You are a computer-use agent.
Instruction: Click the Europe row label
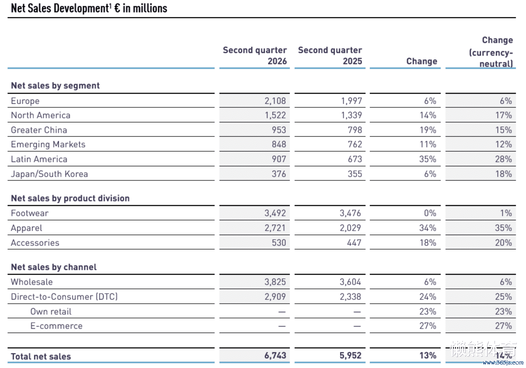[25, 101]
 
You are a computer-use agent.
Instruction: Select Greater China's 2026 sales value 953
[279, 130]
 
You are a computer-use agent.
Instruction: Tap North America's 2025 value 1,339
[351, 115]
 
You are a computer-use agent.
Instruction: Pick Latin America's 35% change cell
[428, 159]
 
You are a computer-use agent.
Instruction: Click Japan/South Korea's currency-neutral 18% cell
[503, 174]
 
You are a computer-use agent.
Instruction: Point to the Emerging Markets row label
[48, 144]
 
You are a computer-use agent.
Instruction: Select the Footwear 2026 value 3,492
[275, 213]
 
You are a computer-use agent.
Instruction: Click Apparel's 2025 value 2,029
[350, 228]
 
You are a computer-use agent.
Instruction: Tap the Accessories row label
[35, 243]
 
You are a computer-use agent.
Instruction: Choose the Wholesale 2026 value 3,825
[275, 282]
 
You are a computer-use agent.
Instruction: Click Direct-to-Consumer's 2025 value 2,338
[350, 297]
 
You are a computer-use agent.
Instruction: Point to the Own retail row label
[51, 312]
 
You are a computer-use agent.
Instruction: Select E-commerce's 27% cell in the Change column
[428, 326]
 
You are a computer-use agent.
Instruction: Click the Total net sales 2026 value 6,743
[275, 356]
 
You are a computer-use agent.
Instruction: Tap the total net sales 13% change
[428, 356]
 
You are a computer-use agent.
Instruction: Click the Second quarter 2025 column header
[330, 56]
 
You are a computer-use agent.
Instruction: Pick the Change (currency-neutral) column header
[491, 52]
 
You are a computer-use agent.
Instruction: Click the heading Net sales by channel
[54, 267]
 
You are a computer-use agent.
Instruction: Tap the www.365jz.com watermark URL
[503, 363]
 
